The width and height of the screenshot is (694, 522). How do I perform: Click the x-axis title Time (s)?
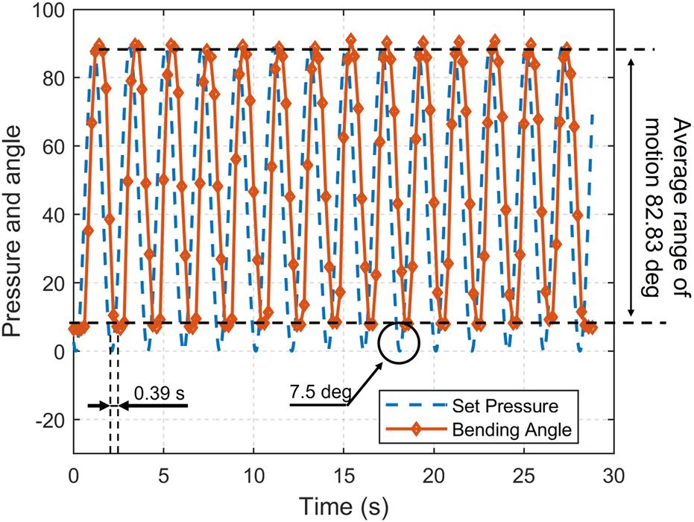[344, 506]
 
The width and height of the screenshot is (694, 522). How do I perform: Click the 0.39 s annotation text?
[159, 392]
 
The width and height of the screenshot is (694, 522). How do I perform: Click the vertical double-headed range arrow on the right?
[631, 186]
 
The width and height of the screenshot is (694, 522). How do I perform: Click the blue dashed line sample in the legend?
[417, 406]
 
